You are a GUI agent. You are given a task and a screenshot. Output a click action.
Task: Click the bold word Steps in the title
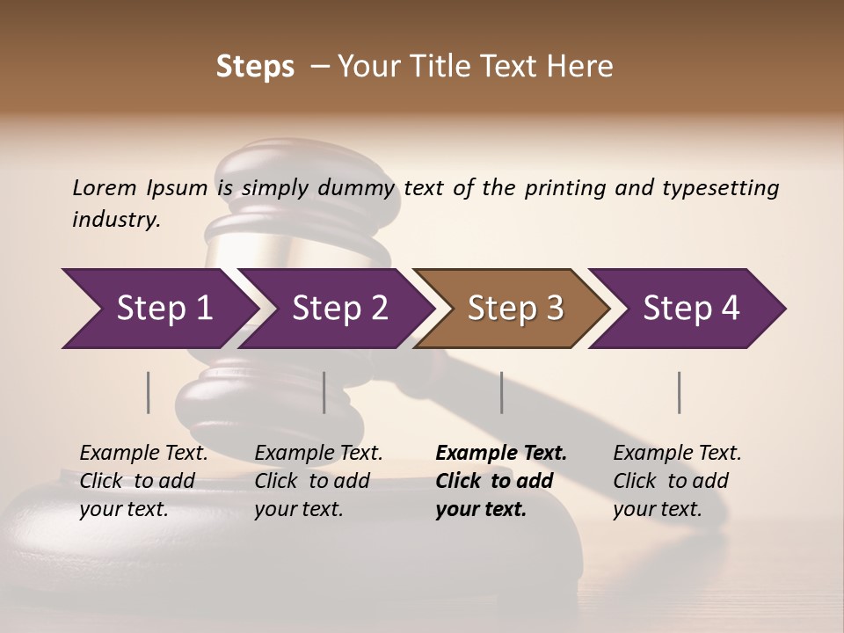coord(255,67)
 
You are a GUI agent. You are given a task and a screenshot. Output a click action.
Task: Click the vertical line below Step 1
coord(148,392)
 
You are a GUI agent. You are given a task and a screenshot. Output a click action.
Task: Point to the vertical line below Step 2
coord(324,392)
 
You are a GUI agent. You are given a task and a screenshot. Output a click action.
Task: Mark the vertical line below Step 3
coord(501,392)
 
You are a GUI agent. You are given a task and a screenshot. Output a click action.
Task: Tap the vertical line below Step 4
coord(679,392)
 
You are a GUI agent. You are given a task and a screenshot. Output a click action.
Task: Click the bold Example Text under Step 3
coord(501,481)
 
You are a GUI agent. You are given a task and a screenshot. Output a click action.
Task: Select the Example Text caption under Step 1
coord(143,481)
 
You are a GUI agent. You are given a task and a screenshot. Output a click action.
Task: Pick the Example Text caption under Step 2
coord(318,481)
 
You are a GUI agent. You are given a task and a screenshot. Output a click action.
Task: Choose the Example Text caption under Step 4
coord(677,481)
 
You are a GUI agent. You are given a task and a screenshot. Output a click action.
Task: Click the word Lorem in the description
coord(105,187)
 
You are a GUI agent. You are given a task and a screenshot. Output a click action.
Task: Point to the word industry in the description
coord(116,220)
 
